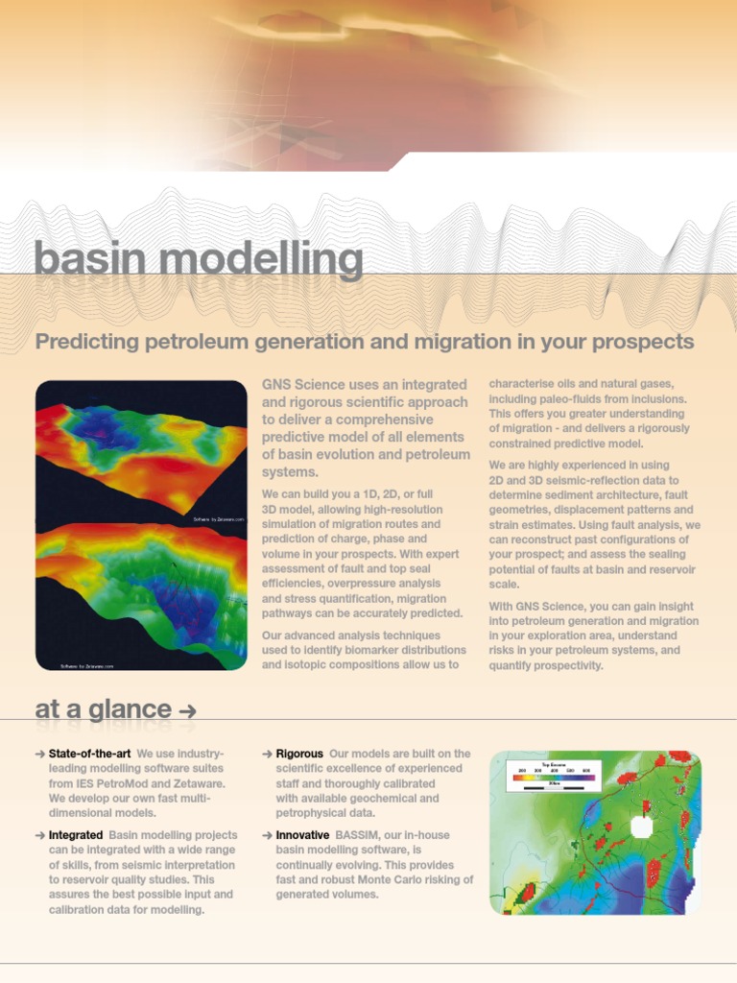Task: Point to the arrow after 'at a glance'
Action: (x=188, y=711)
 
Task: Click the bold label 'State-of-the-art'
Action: (x=89, y=754)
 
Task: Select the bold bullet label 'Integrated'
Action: (x=76, y=836)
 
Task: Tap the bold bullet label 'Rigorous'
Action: (x=299, y=754)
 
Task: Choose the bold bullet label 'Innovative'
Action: (x=302, y=836)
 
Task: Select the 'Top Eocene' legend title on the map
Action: (x=552, y=764)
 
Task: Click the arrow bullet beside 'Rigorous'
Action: (x=267, y=755)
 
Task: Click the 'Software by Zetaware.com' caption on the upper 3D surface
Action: (x=219, y=519)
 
